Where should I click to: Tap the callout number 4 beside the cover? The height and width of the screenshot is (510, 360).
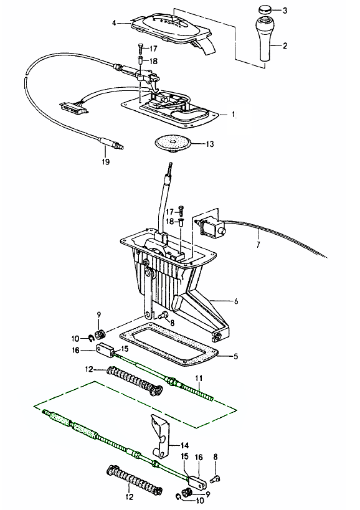pyautogui.click(x=114, y=23)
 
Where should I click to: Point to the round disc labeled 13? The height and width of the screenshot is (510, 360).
pyautogui.click(x=172, y=144)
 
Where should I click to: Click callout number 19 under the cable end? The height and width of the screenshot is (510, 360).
pyautogui.click(x=105, y=161)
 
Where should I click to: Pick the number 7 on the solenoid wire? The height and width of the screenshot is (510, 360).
pyautogui.click(x=258, y=244)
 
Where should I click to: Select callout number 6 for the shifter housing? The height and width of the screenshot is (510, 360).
pyautogui.click(x=236, y=301)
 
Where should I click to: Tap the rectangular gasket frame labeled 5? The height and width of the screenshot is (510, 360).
pyautogui.click(x=168, y=346)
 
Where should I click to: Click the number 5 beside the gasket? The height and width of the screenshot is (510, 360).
pyautogui.click(x=236, y=356)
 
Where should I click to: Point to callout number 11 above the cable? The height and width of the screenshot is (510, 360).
pyautogui.click(x=199, y=378)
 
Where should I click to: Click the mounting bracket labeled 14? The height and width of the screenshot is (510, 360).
pyautogui.click(x=161, y=435)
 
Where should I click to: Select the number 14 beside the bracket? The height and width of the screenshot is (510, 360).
pyautogui.click(x=184, y=445)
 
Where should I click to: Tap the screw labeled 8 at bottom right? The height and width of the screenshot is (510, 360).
pyautogui.click(x=216, y=479)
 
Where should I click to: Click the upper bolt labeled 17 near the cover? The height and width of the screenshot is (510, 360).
pyautogui.click(x=140, y=48)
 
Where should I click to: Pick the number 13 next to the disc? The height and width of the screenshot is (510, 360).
pyautogui.click(x=210, y=144)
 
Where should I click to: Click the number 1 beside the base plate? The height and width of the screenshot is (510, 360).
pyautogui.click(x=233, y=115)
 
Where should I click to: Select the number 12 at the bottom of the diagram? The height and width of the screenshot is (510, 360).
pyautogui.click(x=129, y=497)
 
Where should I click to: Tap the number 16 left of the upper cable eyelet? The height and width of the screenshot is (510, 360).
pyautogui.click(x=75, y=351)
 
